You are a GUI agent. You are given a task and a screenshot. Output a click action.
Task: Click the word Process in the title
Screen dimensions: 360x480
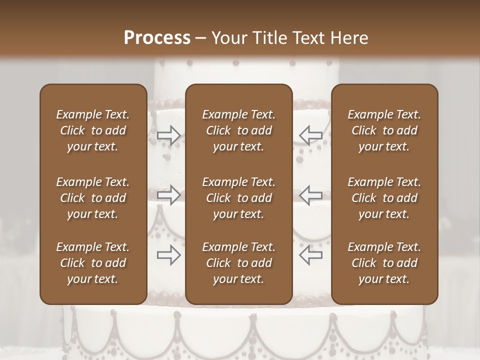[x=157, y=38]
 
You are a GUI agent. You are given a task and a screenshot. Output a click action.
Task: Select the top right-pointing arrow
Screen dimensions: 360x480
[x=169, y=135]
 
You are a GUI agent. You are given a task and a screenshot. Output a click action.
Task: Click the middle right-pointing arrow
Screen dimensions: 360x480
[x=169, y=194]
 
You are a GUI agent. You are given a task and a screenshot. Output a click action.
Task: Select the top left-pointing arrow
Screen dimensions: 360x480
[x=310, y=135]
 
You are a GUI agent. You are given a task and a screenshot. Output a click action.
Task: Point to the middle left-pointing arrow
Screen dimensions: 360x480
[x=310, y=194]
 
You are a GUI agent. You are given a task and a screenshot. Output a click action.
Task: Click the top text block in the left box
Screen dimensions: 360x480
[x=93, y=130]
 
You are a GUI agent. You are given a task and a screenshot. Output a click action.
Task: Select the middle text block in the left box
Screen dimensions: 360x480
[x=93, y=198]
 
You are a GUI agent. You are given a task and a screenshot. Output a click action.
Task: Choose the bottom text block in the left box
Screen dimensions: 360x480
[x=93, y=263]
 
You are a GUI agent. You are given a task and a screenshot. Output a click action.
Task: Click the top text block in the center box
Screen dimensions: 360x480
[x=239, y=130]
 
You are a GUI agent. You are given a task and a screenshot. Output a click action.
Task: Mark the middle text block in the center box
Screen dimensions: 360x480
[x=239, y=198]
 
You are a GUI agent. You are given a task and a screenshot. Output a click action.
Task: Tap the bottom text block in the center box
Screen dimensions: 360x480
[x=239, y=263]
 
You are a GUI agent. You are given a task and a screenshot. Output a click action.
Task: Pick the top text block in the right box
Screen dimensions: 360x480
[x=384, y=130]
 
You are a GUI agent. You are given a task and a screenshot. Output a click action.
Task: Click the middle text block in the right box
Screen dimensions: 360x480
[x=384, y=198]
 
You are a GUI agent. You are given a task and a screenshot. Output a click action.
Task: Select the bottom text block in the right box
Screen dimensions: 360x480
[x=384, y=263]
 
